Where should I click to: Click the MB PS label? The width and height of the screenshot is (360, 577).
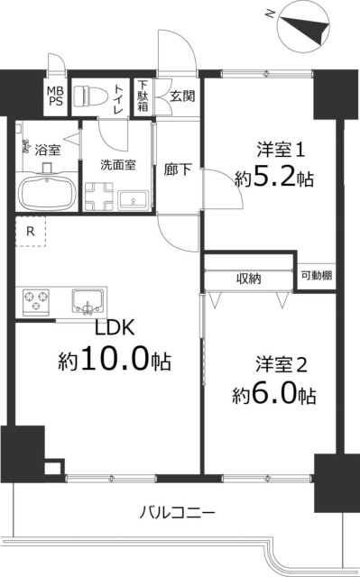56,96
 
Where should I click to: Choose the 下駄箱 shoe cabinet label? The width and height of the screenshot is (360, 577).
143,96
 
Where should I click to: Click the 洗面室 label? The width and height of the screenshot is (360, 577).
118,165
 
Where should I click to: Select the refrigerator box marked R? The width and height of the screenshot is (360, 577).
31,233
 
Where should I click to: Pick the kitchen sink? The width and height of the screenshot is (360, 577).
88,298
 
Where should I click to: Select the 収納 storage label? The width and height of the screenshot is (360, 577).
250,279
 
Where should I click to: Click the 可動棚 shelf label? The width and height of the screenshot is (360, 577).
316,275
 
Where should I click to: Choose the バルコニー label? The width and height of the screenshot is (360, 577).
177,514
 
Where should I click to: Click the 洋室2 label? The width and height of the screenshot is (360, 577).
282,364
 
